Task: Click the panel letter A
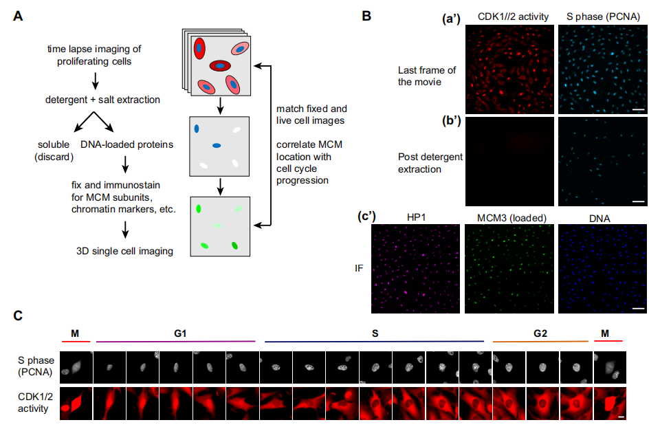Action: coord(18,16)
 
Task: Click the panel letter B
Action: coord(366,16)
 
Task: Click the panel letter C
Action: coord(18,316)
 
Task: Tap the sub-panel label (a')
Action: coord(451,19)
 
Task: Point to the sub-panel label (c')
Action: coord(366,216)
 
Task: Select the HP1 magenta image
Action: coord(415,269)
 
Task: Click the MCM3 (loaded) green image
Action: coord(509,269)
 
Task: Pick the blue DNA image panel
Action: coord(603,269)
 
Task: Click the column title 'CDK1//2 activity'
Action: coord(513,16)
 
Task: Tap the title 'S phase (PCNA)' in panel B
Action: coord(603,16)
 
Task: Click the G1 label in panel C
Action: coord(180,333)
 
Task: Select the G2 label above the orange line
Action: coord(540,333)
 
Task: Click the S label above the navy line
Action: coord(375,333)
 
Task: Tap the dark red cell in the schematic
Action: coord(220,66)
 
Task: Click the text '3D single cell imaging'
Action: coord(124,252)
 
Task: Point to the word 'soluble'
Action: coord(54,144)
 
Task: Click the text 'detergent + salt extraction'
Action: coord(102,100)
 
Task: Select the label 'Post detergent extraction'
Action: coord(430,163)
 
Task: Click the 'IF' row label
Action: coord(359,268)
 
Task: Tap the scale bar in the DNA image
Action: coord(638,309)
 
